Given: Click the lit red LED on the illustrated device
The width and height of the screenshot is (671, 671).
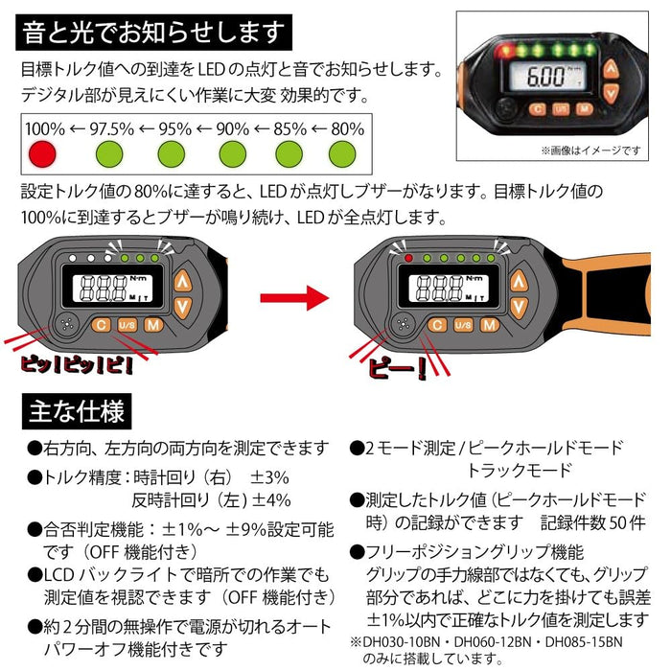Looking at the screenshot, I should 409,258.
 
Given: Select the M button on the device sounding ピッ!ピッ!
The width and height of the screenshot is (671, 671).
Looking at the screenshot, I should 152,326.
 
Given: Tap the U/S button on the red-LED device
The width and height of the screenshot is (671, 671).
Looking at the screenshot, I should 463,326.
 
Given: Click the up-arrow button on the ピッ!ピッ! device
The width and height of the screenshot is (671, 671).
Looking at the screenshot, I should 183,281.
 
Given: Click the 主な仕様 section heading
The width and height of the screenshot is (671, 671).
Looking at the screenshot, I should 77,413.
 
